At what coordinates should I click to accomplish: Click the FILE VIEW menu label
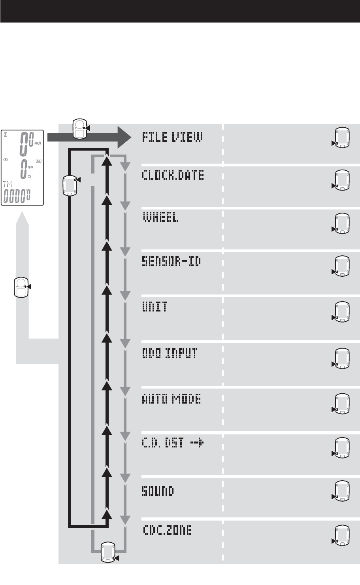pyautogui.click(x=172, y=138)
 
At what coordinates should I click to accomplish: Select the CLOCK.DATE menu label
pyautogui.click(x=173, y=176)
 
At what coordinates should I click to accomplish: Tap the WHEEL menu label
pyautogui.click(x=160, y=218)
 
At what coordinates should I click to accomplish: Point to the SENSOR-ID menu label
pyautogui.click(x=171, y=261)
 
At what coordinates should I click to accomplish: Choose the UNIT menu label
pyautogui.click(x=155, y=307)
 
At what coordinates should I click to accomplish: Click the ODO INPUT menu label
pyautogui.click(x=170, y=353)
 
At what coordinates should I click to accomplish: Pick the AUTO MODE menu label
pyautogui.click(x=171, y=399)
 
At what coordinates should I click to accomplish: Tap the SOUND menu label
pyautogui.click(x=158, y=492)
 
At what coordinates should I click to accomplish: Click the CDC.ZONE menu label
pyautogui.click(x=167, y=531)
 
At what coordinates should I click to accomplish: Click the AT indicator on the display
pyautogui.click(x=38, y=160)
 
